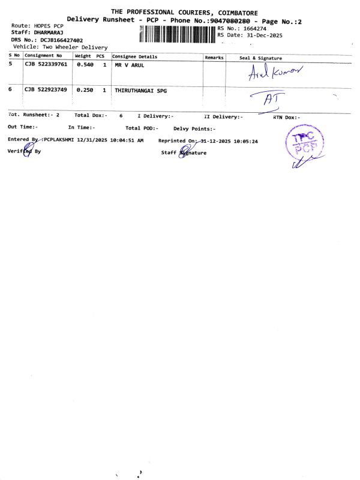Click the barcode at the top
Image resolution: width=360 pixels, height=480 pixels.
coord(176,33)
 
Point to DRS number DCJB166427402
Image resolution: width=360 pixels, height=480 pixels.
coord(62,40)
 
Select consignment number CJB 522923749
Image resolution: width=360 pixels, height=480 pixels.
coord(46,89)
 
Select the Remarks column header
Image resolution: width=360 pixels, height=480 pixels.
coord(214,57)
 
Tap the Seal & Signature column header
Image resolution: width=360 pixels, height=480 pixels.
coord(260,58)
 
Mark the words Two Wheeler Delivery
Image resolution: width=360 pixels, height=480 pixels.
coord(75,47)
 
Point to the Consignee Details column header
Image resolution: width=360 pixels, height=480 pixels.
coord(135,56)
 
